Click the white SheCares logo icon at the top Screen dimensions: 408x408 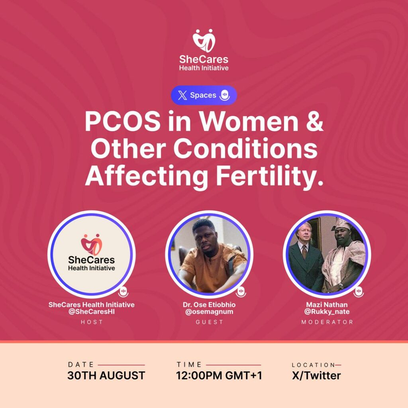pos(204,41)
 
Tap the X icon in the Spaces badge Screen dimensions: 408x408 pos(182,95)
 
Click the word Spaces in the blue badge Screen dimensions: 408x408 pos(203,95)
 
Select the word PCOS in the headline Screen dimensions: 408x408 pos(123,122)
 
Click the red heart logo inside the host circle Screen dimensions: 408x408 pos(91,244)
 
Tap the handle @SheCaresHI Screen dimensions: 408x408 pos(92,312)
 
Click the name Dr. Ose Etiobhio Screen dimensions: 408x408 pos(209,305)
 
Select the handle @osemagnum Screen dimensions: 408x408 pos(209,312)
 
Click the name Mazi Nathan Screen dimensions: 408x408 pos(327,305)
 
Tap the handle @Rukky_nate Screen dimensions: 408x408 pos(327,312)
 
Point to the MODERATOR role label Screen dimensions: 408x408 pos(327,322)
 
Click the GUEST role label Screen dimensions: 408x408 pos(209,322)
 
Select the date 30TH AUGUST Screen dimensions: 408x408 pos(106,375)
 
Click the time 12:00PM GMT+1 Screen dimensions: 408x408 pos(219,375)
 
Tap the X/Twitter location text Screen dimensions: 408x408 pos(316,375)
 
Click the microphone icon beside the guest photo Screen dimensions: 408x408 pos(241,292)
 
